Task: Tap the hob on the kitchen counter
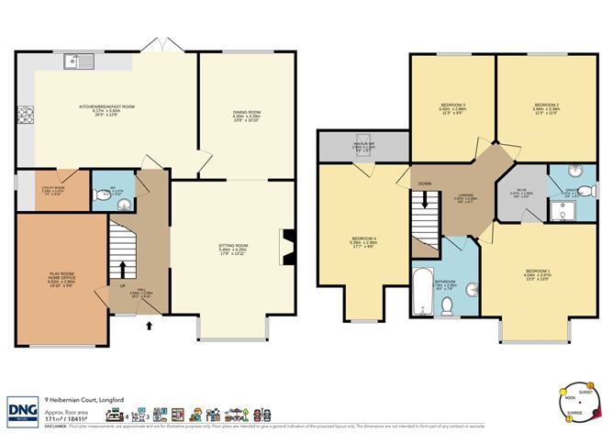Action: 24,117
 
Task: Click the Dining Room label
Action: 246,117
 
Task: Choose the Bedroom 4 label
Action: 364,243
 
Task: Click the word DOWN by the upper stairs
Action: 424,184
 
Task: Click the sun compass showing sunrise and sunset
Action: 577,404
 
